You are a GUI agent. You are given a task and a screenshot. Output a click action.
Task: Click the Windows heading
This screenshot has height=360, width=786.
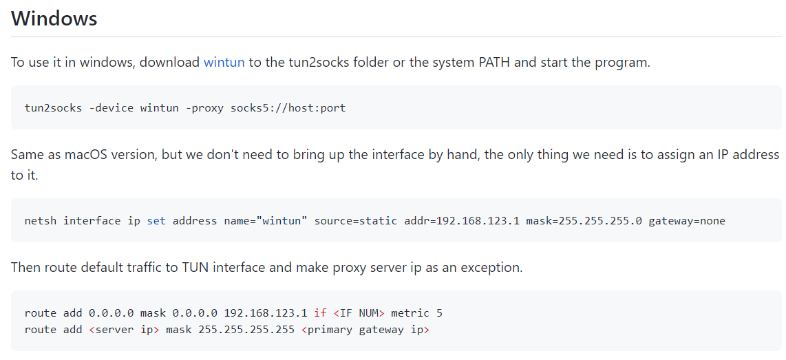click(x=54, y=19)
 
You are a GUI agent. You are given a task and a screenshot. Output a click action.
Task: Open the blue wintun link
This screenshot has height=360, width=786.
click(x=224, y=63)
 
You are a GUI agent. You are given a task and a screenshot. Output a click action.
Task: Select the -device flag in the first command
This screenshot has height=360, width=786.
click(x=111, y=108)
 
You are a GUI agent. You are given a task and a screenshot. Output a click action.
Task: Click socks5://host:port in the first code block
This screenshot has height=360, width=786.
click(x=288, y=108)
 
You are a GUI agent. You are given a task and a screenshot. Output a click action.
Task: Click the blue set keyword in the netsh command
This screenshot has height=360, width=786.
click(x=156, y=221)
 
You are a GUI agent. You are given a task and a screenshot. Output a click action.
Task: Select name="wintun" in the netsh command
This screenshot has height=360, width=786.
click(x=240, y=221)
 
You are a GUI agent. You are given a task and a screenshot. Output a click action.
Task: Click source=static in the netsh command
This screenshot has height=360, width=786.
click(x=355, y=221)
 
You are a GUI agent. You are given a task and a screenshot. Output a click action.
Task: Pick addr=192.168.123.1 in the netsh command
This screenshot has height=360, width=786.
click(x=462, y=221)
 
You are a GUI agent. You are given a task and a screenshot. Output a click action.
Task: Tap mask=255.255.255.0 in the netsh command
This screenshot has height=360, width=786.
click(x=584, y=221)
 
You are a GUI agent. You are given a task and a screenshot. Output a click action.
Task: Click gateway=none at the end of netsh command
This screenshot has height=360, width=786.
click(x=687, y=221)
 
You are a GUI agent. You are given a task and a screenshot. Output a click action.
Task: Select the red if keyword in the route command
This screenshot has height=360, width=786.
click(x=320, y=313)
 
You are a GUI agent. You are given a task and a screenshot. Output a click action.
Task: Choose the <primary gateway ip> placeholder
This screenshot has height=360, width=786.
click(x=365, y=330)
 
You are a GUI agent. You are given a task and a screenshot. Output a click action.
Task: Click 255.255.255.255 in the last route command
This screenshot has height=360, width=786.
click(x=246, y=330)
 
